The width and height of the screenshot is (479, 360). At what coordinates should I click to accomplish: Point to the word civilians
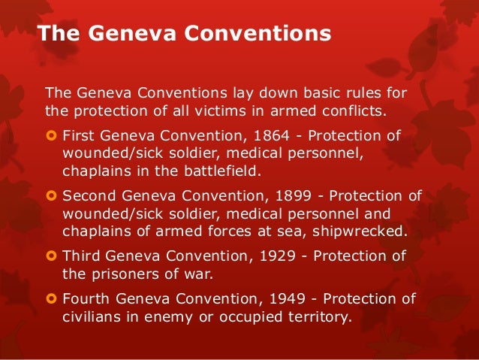[89, 316]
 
